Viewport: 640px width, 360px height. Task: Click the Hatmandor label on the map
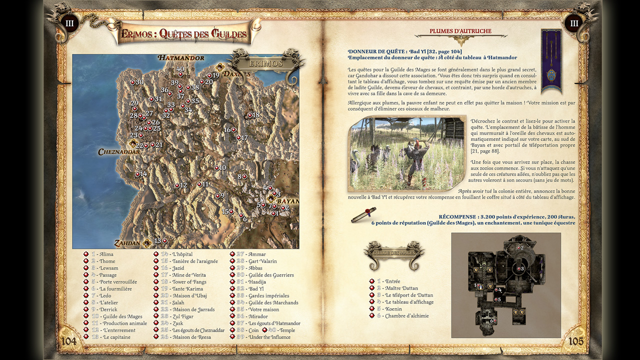pyautogui.click(x=181, y=58)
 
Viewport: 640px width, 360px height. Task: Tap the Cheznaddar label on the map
pyautogui.click(x=119, y=152)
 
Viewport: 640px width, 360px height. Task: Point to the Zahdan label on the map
pyautogui.click(x=127, y=243)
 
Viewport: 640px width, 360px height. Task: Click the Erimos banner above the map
pyautogui.click(x=265, y=63)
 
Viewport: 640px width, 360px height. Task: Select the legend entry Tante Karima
pyautogui.click(x=190, y=289)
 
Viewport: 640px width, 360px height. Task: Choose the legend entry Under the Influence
pyautogui.click(x=269, y=337)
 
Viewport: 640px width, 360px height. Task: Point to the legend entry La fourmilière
pyautogui.click(x=115, y=289)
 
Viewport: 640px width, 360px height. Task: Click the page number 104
pyautogui.click(x=68, y=341)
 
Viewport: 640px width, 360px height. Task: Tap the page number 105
pyautogui.click(x=576, y=341)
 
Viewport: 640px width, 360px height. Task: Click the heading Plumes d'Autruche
pyautogui.click(x=460, y=31)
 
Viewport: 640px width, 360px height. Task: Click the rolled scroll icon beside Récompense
pyautogui.click(x=363, y=214)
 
